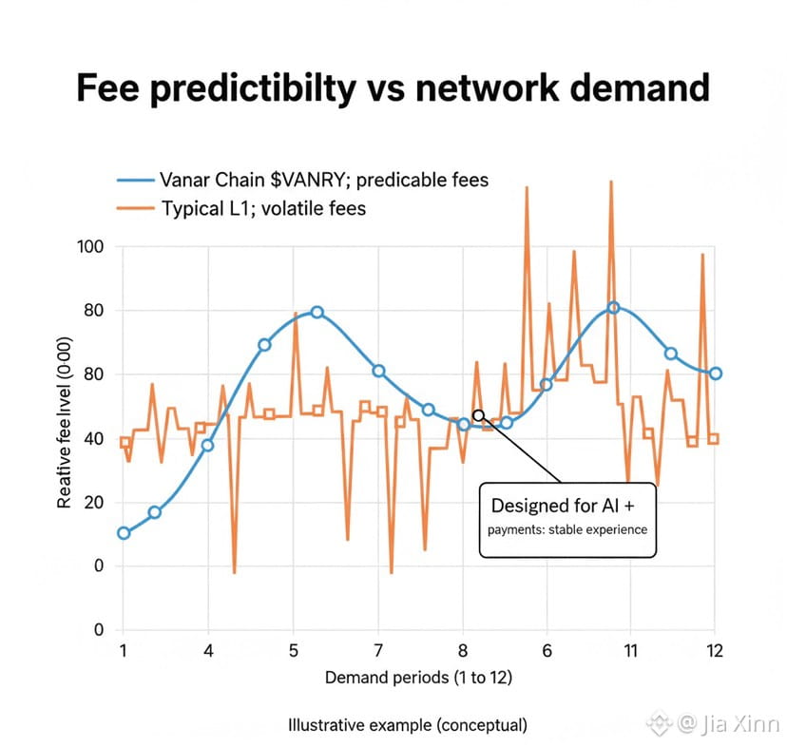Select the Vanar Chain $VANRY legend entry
pos(303,180)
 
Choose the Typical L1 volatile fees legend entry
pos(262,207)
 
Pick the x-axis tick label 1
pos(123,651)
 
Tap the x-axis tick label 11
pos(629,651)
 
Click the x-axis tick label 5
pos(293,651)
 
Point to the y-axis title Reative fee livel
pos(65,429)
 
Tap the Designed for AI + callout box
pos(567,514)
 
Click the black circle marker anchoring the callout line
pos(478,415)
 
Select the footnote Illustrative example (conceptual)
pos(407,725)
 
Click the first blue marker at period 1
pos(124,533)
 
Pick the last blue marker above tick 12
pos(715,373)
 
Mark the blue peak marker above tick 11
pos(613,308)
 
